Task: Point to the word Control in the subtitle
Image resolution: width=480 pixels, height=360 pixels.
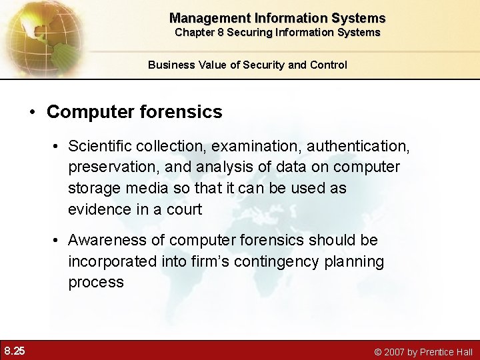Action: [x=329, y=65]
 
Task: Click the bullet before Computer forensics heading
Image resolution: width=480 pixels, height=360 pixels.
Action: [x=32, y=112]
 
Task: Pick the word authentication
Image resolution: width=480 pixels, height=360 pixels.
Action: [x=366, y=145]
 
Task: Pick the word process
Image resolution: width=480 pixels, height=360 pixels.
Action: [x=95, y=283]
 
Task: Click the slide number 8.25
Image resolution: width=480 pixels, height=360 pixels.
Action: [x=15, y=350]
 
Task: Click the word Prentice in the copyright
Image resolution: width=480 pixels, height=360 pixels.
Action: [x=437, y=351]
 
